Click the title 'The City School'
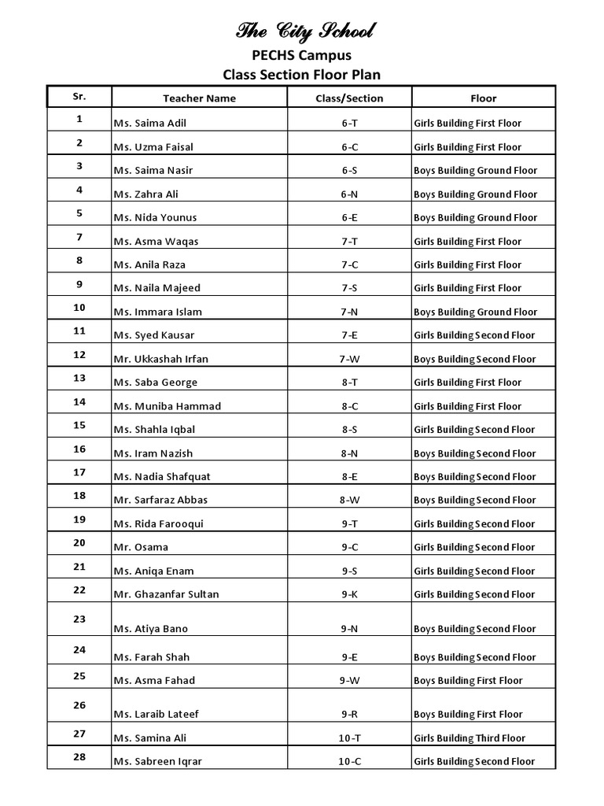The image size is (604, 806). click(306, 32)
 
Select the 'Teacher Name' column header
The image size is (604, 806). click(199, 98)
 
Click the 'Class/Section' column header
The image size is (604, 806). click(349, 98)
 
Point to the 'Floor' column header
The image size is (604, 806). click(484, 98)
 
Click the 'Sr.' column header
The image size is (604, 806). click(79, 96)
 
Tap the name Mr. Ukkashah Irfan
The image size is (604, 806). click(161, 359)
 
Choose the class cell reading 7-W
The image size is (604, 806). click(349, 359)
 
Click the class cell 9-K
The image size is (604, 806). click(349, 594)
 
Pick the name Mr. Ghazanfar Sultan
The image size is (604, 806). click(167, 594)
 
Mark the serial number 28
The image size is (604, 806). click(79, 757)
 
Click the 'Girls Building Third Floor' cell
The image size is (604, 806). click(469, 738)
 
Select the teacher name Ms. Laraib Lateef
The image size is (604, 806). click(157, 715)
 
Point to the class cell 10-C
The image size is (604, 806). click(349, 761)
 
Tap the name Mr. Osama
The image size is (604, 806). click(141, 547)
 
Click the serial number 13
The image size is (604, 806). click(79, 379)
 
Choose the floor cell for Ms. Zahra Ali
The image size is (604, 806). click(476, 194)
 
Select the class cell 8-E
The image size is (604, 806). click(349, 476)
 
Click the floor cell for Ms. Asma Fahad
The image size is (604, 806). click(468, 680)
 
